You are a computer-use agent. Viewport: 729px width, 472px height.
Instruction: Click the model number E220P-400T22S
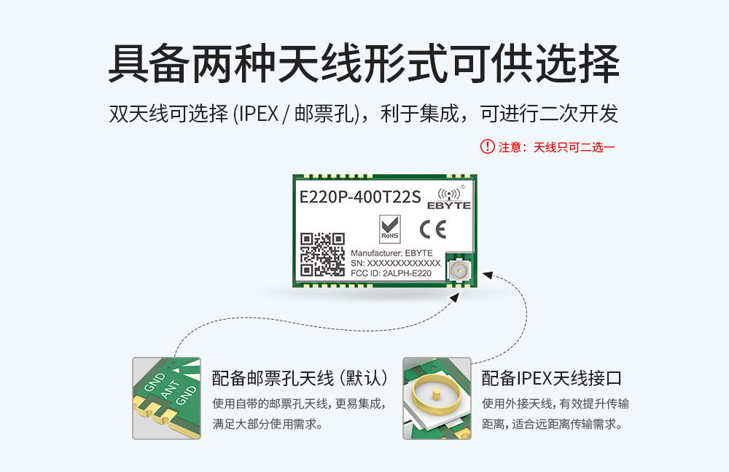360,197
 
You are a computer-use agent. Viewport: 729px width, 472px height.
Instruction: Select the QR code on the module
323,254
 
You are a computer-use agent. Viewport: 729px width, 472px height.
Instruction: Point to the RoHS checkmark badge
390,229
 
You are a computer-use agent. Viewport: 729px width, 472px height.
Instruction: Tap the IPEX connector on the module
460,272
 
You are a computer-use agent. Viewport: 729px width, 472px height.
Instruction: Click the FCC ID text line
391,274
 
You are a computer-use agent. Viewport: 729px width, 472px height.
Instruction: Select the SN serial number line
396,263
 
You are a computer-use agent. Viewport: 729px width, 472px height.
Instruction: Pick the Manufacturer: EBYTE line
391,253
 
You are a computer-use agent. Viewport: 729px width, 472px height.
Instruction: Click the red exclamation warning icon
487,146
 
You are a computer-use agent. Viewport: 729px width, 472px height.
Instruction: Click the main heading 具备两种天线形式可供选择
364,65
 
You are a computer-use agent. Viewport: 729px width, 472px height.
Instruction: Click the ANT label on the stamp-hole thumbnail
169,390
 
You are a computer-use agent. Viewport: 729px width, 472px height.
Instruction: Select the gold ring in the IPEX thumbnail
435,398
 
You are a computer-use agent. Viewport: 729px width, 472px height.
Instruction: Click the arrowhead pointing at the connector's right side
486,276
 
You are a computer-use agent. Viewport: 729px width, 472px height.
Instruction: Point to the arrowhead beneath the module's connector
455,297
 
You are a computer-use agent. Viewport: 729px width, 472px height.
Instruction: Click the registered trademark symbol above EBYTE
462,187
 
